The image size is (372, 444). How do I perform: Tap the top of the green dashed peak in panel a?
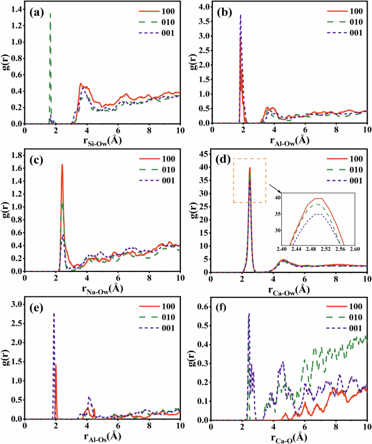click(51, 13)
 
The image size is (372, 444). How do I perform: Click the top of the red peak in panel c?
click(62, 164)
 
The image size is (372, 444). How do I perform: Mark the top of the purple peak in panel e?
click(53, 314)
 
